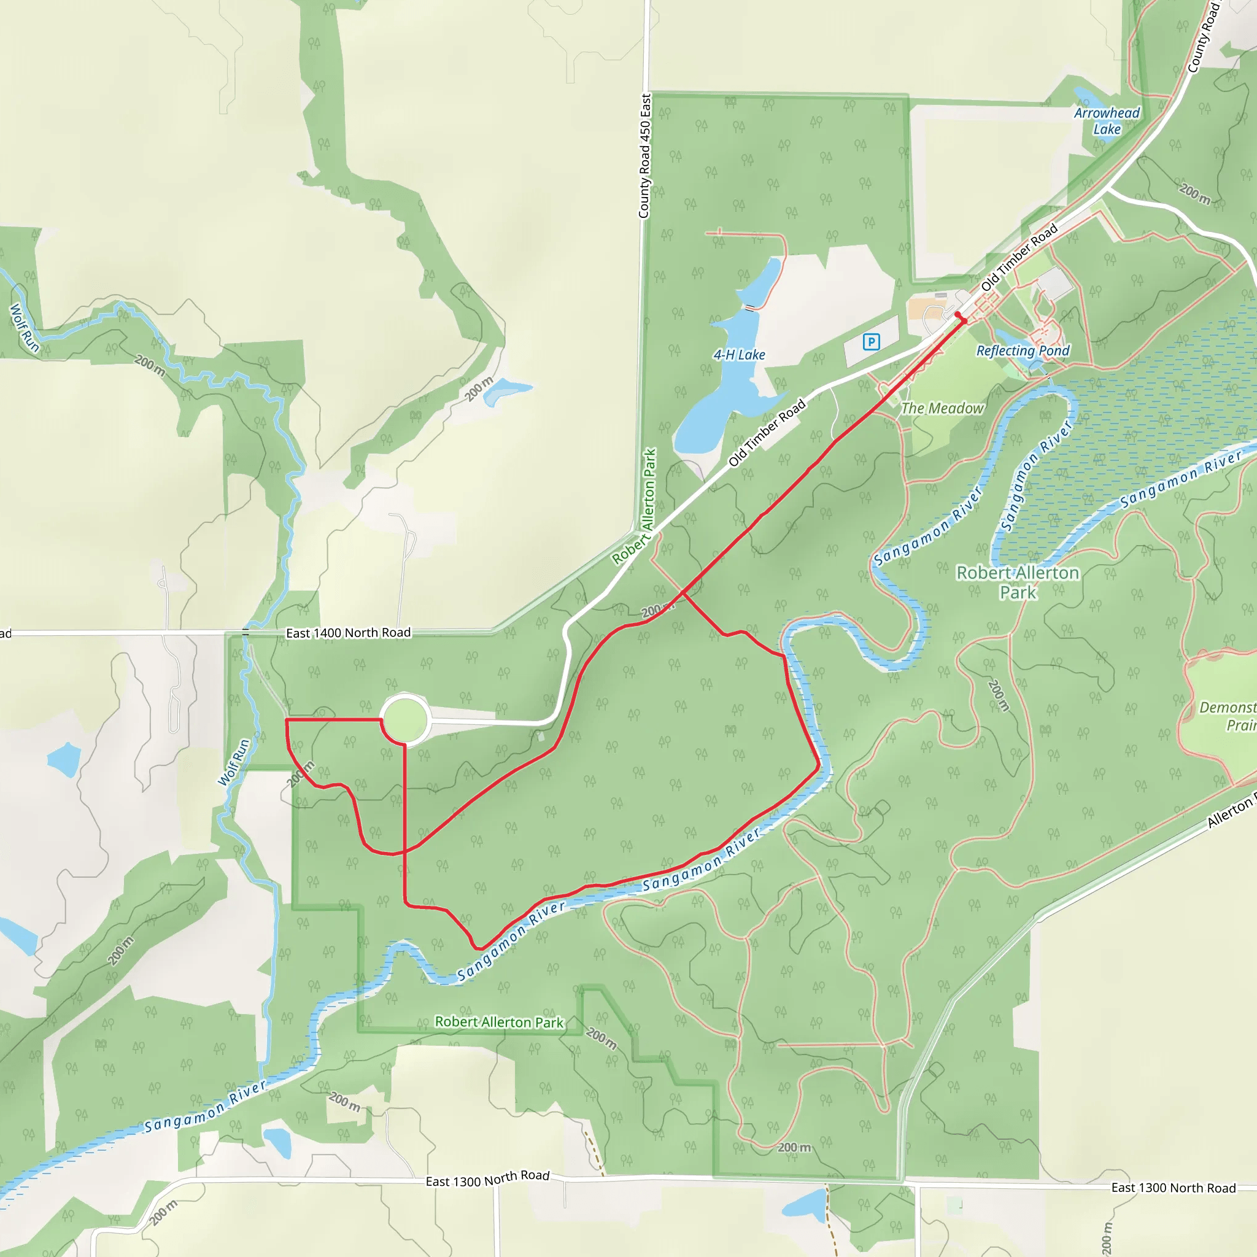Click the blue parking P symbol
click(x=871, y=342)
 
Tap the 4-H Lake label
click(x=739, y=355)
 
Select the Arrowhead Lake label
click(x=1107, y=121)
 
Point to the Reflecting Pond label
click(x=1023, y=350)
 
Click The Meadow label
click(x=942, y=409)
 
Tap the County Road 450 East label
click(x=645, y=156)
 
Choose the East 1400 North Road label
click(x=348, y=632)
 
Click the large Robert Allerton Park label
click(x=1018, y=582)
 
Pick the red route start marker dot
click(x=957, y=315)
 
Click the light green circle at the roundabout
click(x=404, y=719)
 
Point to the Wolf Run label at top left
click(x=25, y=328)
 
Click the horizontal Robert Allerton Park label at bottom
click(x=499, y=1022)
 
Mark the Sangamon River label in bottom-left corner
click(x=205, y=1106)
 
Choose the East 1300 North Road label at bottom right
click(x=1173, y=1188)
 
